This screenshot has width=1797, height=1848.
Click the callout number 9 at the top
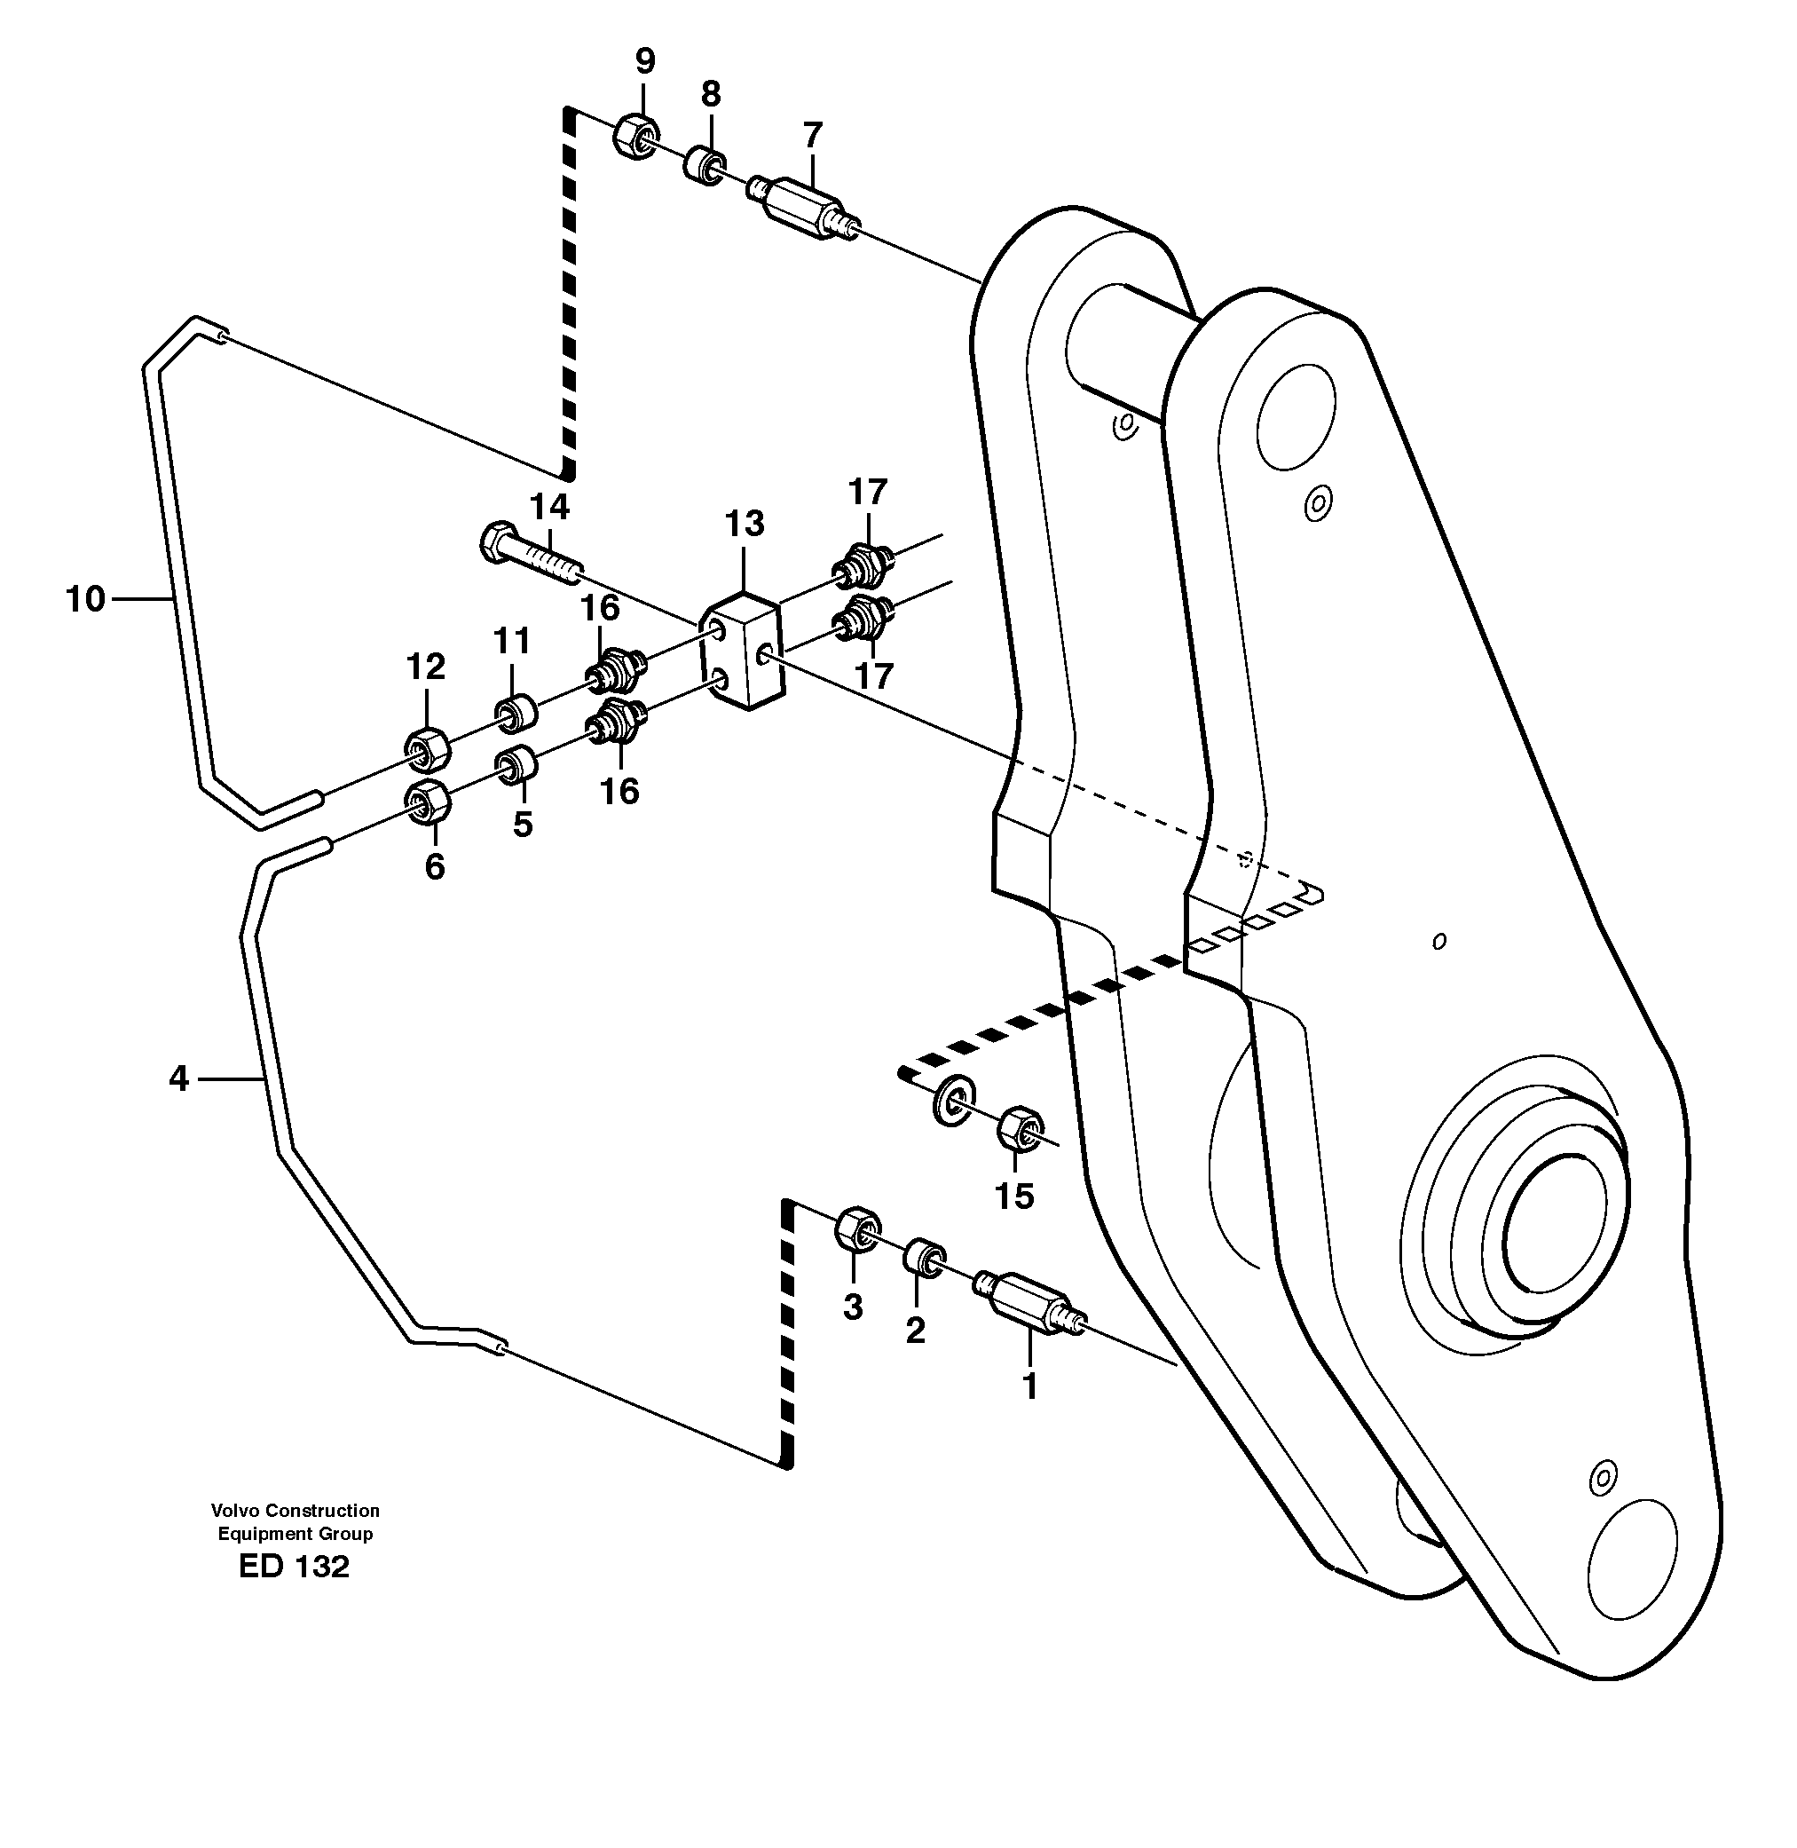tap(644, 62)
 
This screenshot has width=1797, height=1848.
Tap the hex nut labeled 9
tap(635, 136)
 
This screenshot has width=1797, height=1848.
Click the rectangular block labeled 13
tap(742, 651)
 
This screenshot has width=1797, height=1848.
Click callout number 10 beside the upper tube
tap(85, 598)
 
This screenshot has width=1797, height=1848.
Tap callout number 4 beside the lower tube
tap(179, 1078)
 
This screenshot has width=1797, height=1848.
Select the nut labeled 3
tap(857, 1228)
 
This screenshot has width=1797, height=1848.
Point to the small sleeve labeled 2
tap(924, 1258)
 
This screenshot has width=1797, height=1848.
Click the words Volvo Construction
tap(295, 1510)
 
